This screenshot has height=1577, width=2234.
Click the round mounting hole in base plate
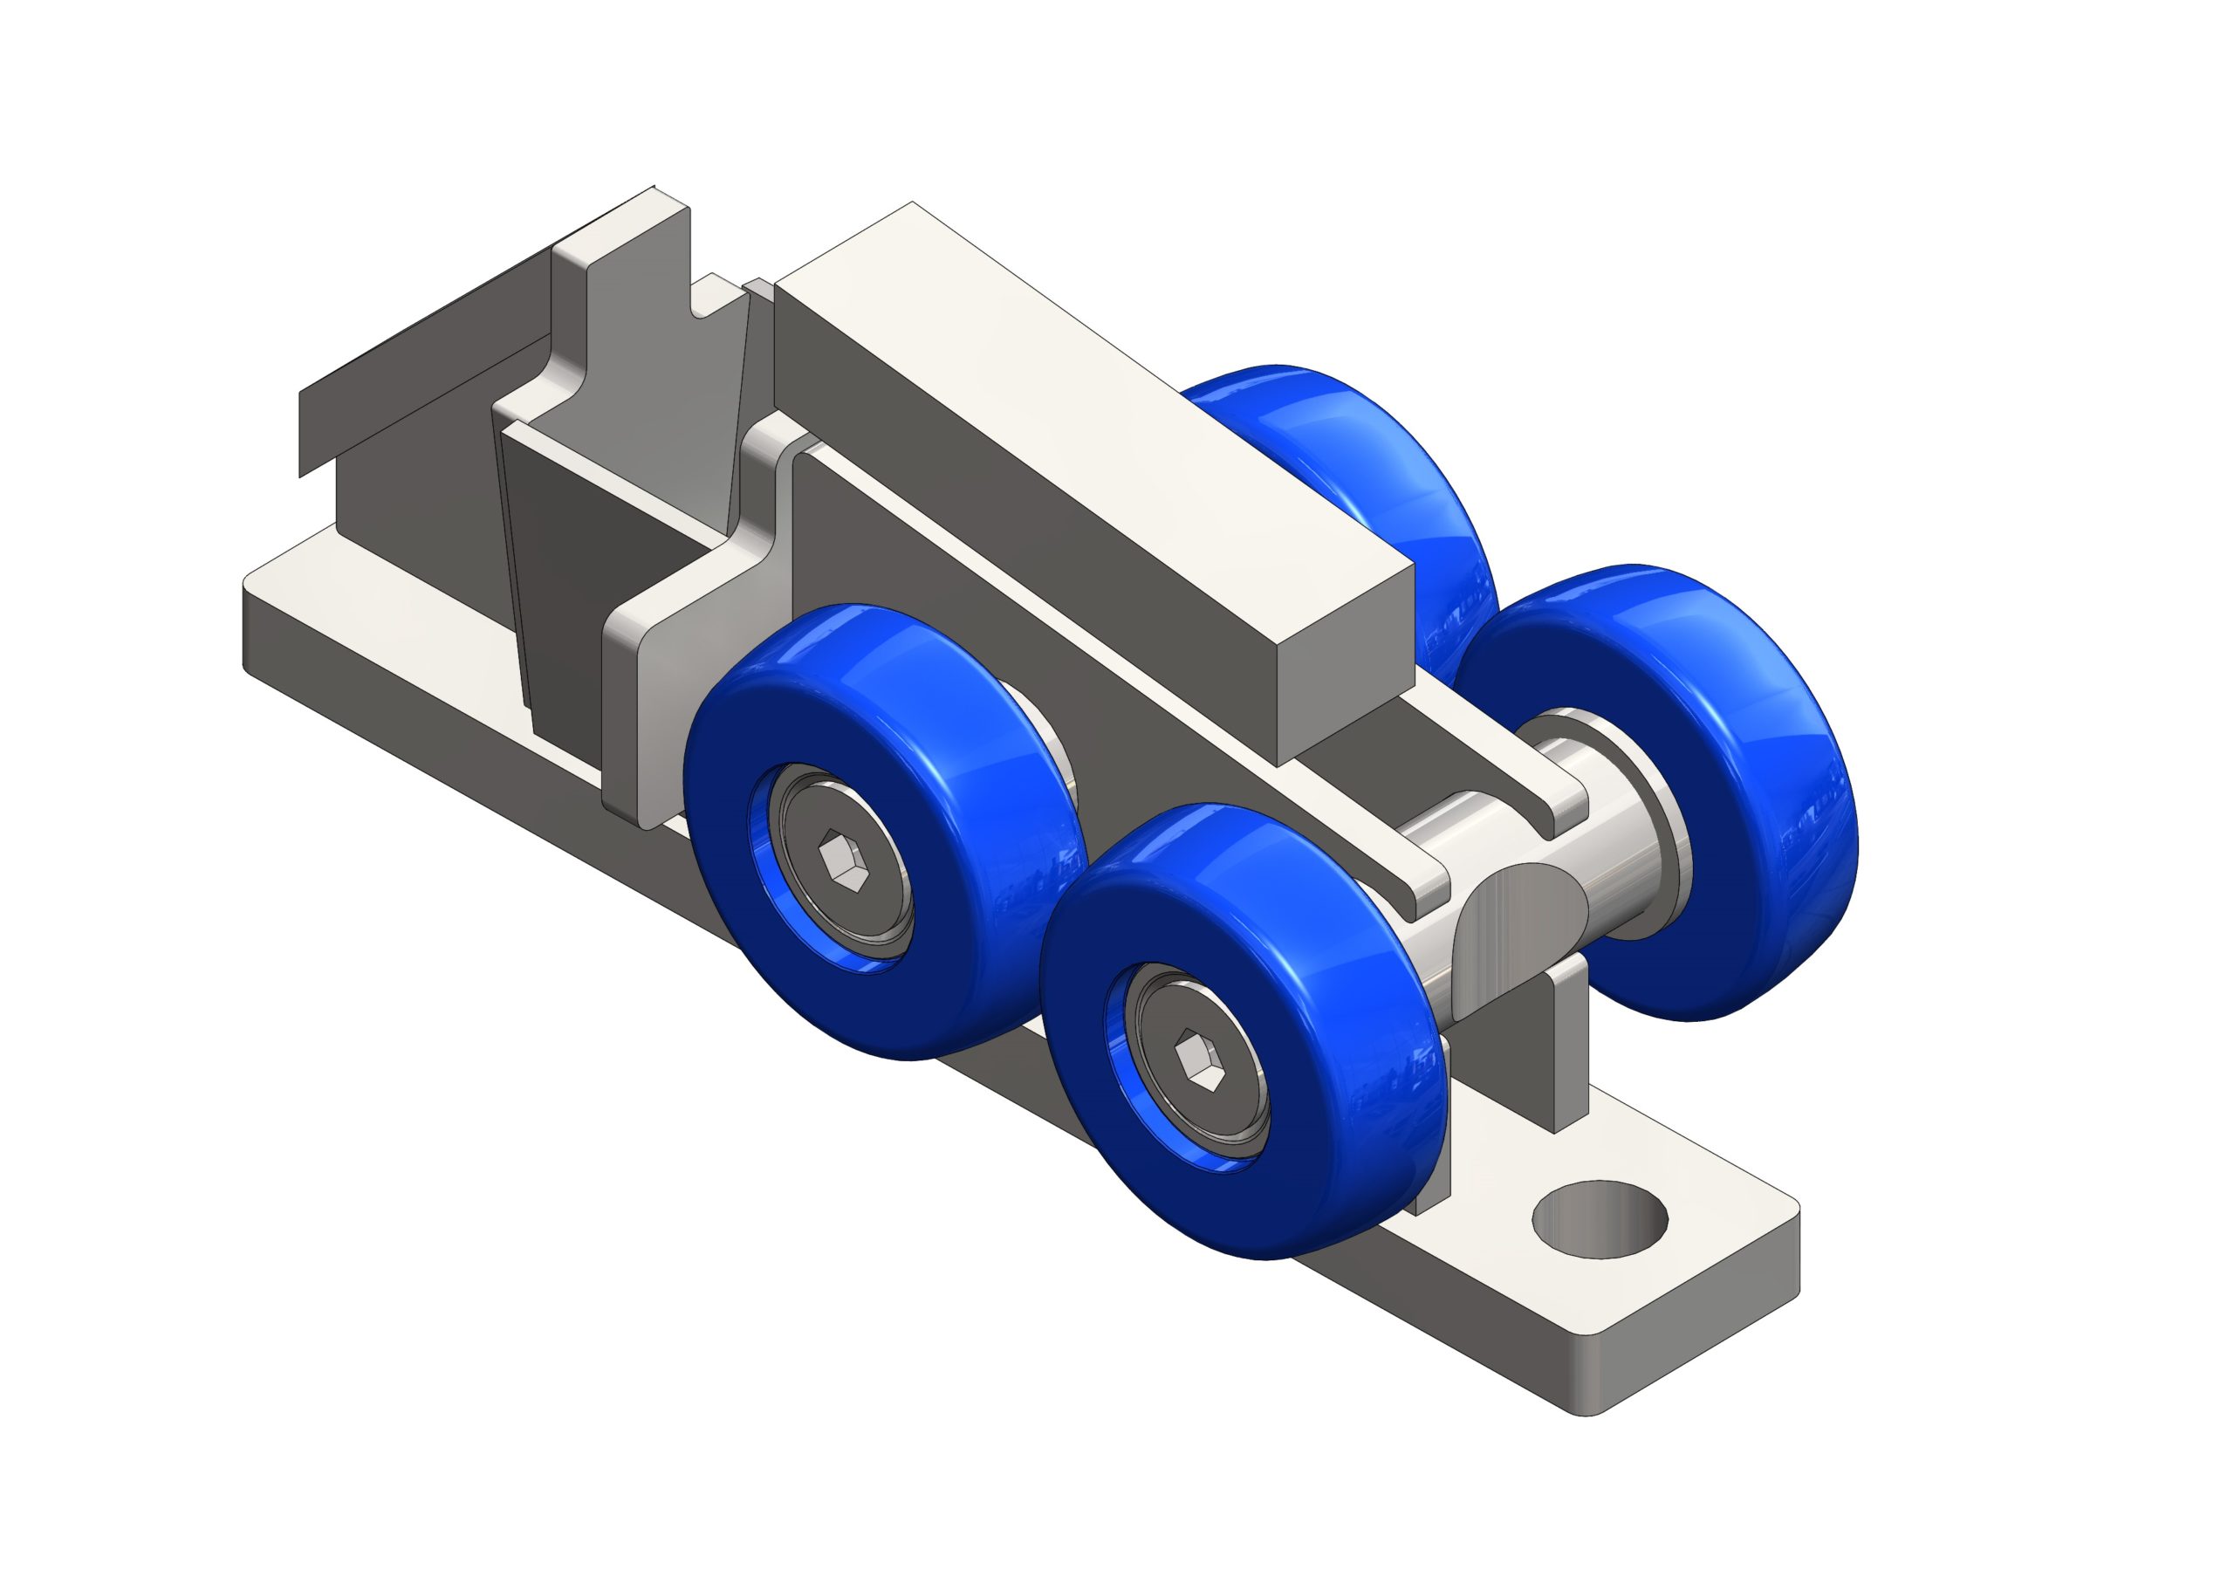(1599, 1218)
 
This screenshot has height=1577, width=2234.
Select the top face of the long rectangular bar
(1070, 408)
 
